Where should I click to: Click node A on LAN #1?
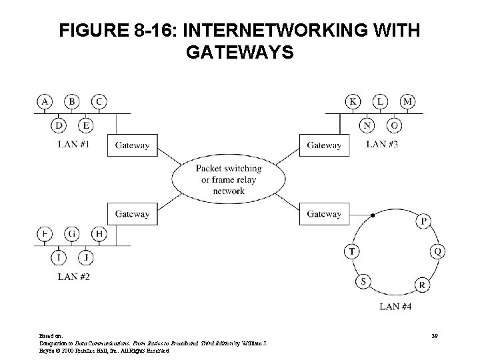(x=45, y=101)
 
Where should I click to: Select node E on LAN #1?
(x=86, y=125)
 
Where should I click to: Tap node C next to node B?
(x=99, y=101)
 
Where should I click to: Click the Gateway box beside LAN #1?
(x=132, y=145)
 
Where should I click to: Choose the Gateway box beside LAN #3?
(x=324, y=145)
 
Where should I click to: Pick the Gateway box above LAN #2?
(x=132, y=214)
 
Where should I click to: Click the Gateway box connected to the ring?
(x=324, y=214)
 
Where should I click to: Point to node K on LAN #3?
(x=353, y=101)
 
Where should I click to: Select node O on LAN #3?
(x=394, y=125)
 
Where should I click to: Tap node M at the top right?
(x=407, y=101)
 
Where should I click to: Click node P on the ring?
(x=423, y=221)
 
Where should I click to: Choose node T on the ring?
(x=351, y=251)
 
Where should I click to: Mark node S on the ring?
(x=364, y=281)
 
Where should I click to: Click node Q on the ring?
(x=437, y=251)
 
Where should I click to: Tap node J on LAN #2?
(x=86, y=257)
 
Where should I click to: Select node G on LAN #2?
(x=72, y=234)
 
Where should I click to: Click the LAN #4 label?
(x=395, y=307)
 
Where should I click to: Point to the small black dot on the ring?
(x=373, y=215)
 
